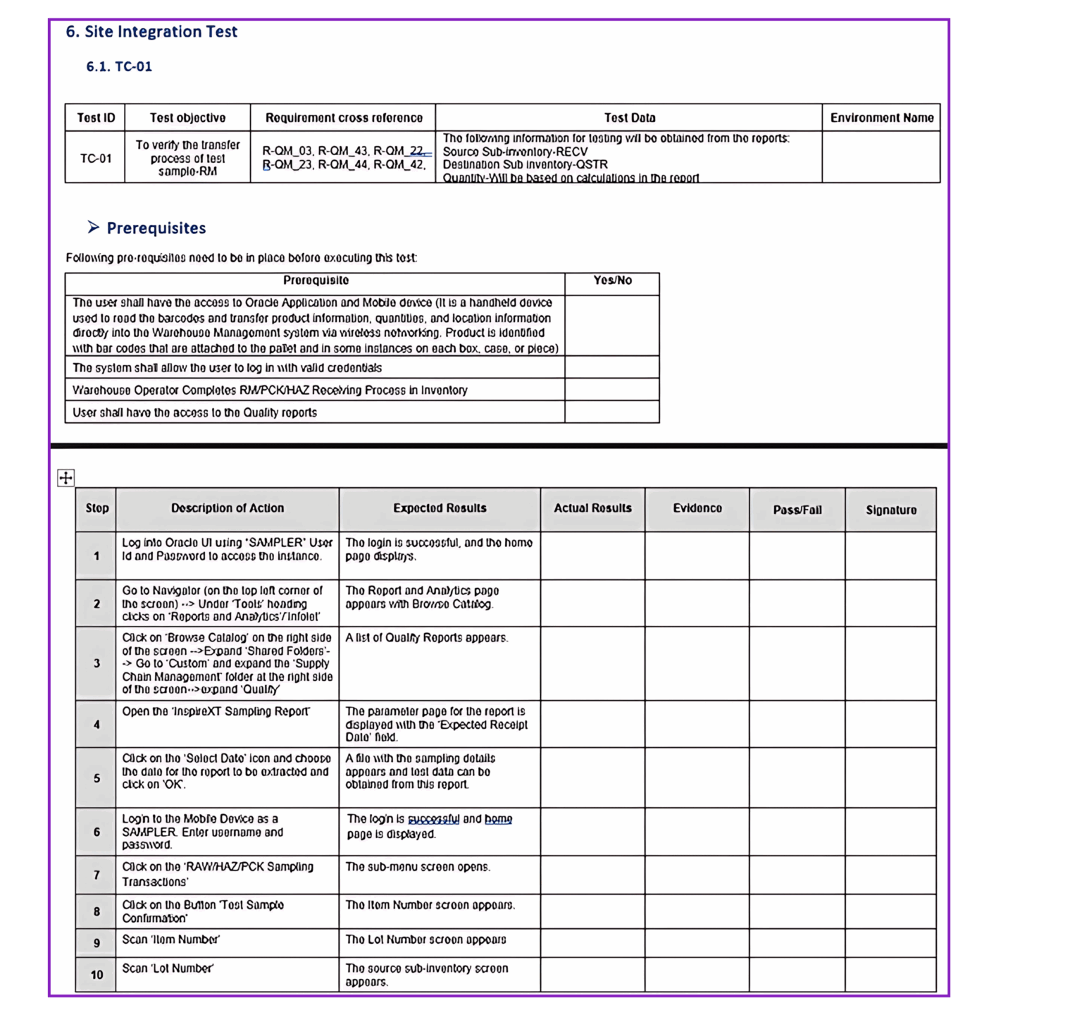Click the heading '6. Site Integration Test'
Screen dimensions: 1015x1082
151,32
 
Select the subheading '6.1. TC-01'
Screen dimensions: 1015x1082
119,66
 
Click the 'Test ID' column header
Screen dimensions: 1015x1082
96,118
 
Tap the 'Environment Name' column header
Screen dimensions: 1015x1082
881,118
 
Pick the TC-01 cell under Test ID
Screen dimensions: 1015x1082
96,158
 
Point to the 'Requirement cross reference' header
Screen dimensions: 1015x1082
344,118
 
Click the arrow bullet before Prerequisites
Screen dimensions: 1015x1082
93,227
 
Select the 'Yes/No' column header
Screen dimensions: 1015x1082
612,281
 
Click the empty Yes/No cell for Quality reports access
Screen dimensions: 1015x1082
612,412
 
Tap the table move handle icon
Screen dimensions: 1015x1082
66,478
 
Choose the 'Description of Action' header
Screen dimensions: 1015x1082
228,508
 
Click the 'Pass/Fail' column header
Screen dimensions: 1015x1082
797,510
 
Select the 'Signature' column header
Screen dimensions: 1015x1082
891,510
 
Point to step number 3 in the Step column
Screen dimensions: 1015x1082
97,663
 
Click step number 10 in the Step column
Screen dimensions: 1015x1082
97,975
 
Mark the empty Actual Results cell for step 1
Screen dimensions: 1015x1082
592,556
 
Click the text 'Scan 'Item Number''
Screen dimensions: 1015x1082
171,940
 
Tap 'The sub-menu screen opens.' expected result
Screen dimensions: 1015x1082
418,867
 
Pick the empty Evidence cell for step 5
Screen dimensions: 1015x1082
697,777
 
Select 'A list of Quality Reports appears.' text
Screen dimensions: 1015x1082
427,638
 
